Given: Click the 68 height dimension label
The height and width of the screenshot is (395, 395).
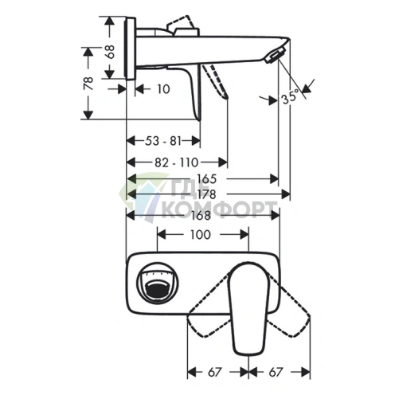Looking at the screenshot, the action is click(x=110, y=52).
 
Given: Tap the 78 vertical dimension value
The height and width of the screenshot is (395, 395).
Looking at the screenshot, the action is click(x=88, y=84).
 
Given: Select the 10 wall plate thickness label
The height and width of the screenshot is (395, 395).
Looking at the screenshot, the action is click(x=163, y=89).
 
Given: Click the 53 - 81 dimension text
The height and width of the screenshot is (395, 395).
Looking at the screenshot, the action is click(x=163, y=141).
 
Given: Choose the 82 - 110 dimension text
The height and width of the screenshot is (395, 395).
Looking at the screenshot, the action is click(x=177, y=162).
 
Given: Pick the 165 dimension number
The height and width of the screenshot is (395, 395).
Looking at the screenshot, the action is click(x=206, y=179).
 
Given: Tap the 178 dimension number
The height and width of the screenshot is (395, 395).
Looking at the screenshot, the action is click(x=206, y=194).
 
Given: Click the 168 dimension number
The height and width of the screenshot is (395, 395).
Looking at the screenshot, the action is click(x=201, y=215).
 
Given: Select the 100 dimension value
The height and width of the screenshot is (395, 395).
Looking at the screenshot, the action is click(x=201, y=235).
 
